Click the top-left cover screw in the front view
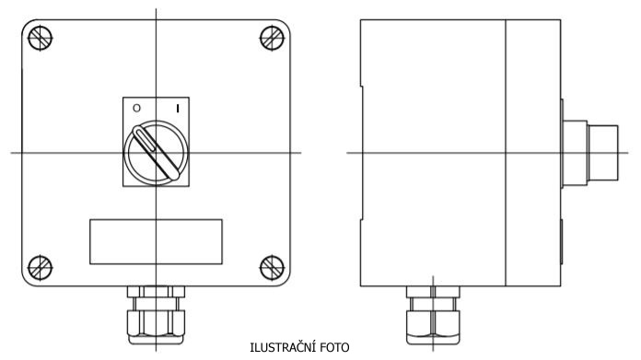41,38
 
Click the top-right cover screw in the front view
273,38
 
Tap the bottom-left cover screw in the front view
41,268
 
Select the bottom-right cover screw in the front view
273,268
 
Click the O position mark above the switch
136,108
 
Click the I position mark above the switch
178,109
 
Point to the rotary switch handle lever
156,153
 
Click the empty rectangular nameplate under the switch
156,241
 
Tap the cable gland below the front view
156,315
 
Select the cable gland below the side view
433,315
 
